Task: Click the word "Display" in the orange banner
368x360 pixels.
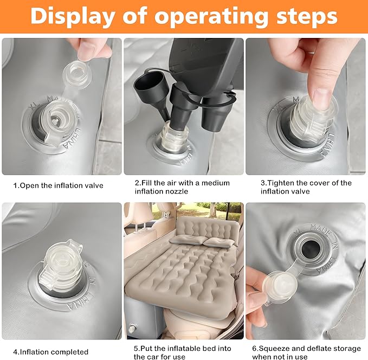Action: coord(73,16)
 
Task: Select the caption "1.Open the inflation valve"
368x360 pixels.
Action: coord(58,185)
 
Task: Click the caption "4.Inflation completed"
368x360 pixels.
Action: coord(51,352)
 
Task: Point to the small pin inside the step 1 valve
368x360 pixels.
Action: coord(55,121)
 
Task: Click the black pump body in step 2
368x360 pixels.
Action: coord(204,66)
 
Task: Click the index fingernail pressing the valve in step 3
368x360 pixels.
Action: coord(321,99)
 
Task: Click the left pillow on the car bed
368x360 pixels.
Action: coord(186,240)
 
